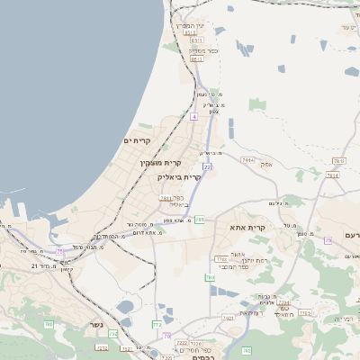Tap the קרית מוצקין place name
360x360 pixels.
(160, 163)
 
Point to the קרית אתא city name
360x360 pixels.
(246, 229)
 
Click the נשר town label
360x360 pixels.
(95, 325)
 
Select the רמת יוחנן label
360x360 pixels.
(248, 260)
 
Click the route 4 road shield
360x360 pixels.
(193, 117)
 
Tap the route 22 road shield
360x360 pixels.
(207, 166)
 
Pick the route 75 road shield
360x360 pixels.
(60, 251)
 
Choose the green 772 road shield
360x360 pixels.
(157, 324)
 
